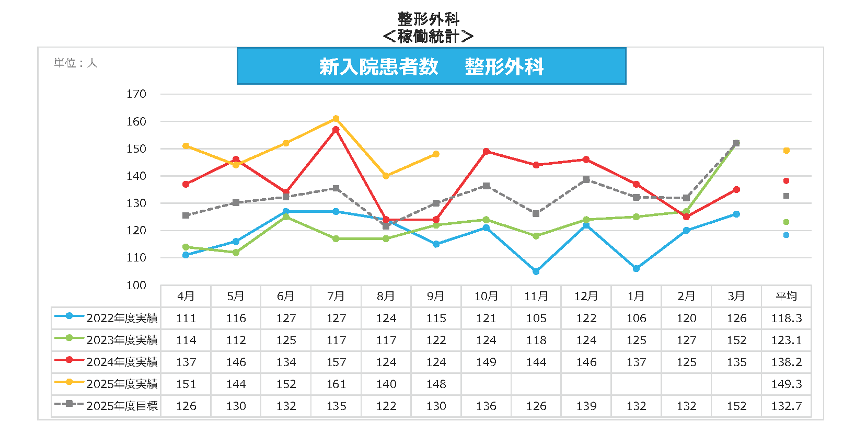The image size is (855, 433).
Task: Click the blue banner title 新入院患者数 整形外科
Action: point(431,66)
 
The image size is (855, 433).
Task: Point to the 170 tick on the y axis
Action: point(136,94)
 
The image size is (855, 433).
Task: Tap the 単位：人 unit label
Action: point(76,63)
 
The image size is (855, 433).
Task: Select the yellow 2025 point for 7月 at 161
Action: point(336,119)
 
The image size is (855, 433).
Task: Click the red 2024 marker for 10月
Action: point(486,152)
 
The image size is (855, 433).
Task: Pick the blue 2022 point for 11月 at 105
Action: point(536,271)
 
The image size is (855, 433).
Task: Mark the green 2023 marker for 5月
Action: point(236,253)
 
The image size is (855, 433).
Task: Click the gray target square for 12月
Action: point(586,180)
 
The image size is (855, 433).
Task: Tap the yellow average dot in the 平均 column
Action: point(787,151)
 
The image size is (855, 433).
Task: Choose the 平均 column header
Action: point(787,296)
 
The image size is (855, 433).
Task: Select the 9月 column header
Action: point(436,296)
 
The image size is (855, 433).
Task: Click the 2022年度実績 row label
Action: point(122,318)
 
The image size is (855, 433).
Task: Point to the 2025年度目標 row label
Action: point(122,406)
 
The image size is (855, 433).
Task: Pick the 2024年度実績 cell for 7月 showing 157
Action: point(336,362)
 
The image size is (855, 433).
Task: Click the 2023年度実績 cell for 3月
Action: point(736,340)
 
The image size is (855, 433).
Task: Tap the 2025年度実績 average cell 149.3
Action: point(787,384)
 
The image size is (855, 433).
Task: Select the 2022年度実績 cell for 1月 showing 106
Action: point(636,318)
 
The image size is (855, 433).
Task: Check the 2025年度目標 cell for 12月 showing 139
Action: point(586,406)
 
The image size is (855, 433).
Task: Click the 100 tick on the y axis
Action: point(136,286)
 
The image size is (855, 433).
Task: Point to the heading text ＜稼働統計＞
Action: point(428,36)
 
